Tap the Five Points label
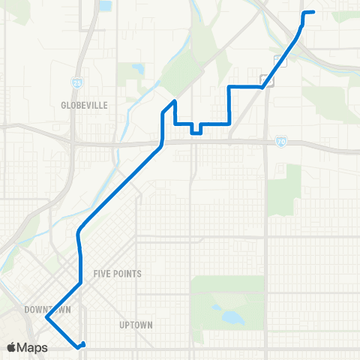click(x=117, y=274)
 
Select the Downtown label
click(x=46, y=309)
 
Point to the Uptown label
click(x=136, y=325)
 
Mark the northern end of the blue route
click(x=313, y=12)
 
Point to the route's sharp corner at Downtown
click(x=46, y=317)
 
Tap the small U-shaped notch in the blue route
click(x=196, y=130)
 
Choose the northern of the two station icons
click(x=279, y=61)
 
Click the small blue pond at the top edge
click(x=105, y=6)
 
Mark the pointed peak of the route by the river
click(x=175, y=100)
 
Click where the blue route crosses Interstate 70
click(x=161, y=142)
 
